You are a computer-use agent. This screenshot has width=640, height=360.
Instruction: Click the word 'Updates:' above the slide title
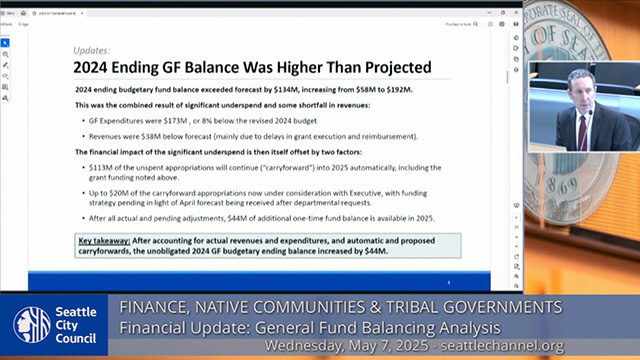coord(91,49)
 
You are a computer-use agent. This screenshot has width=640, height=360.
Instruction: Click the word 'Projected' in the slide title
coord(385,68)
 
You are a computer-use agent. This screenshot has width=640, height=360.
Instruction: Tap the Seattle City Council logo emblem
coord(31,324)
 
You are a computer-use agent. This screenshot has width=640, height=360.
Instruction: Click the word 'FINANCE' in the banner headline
coord(155,306)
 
